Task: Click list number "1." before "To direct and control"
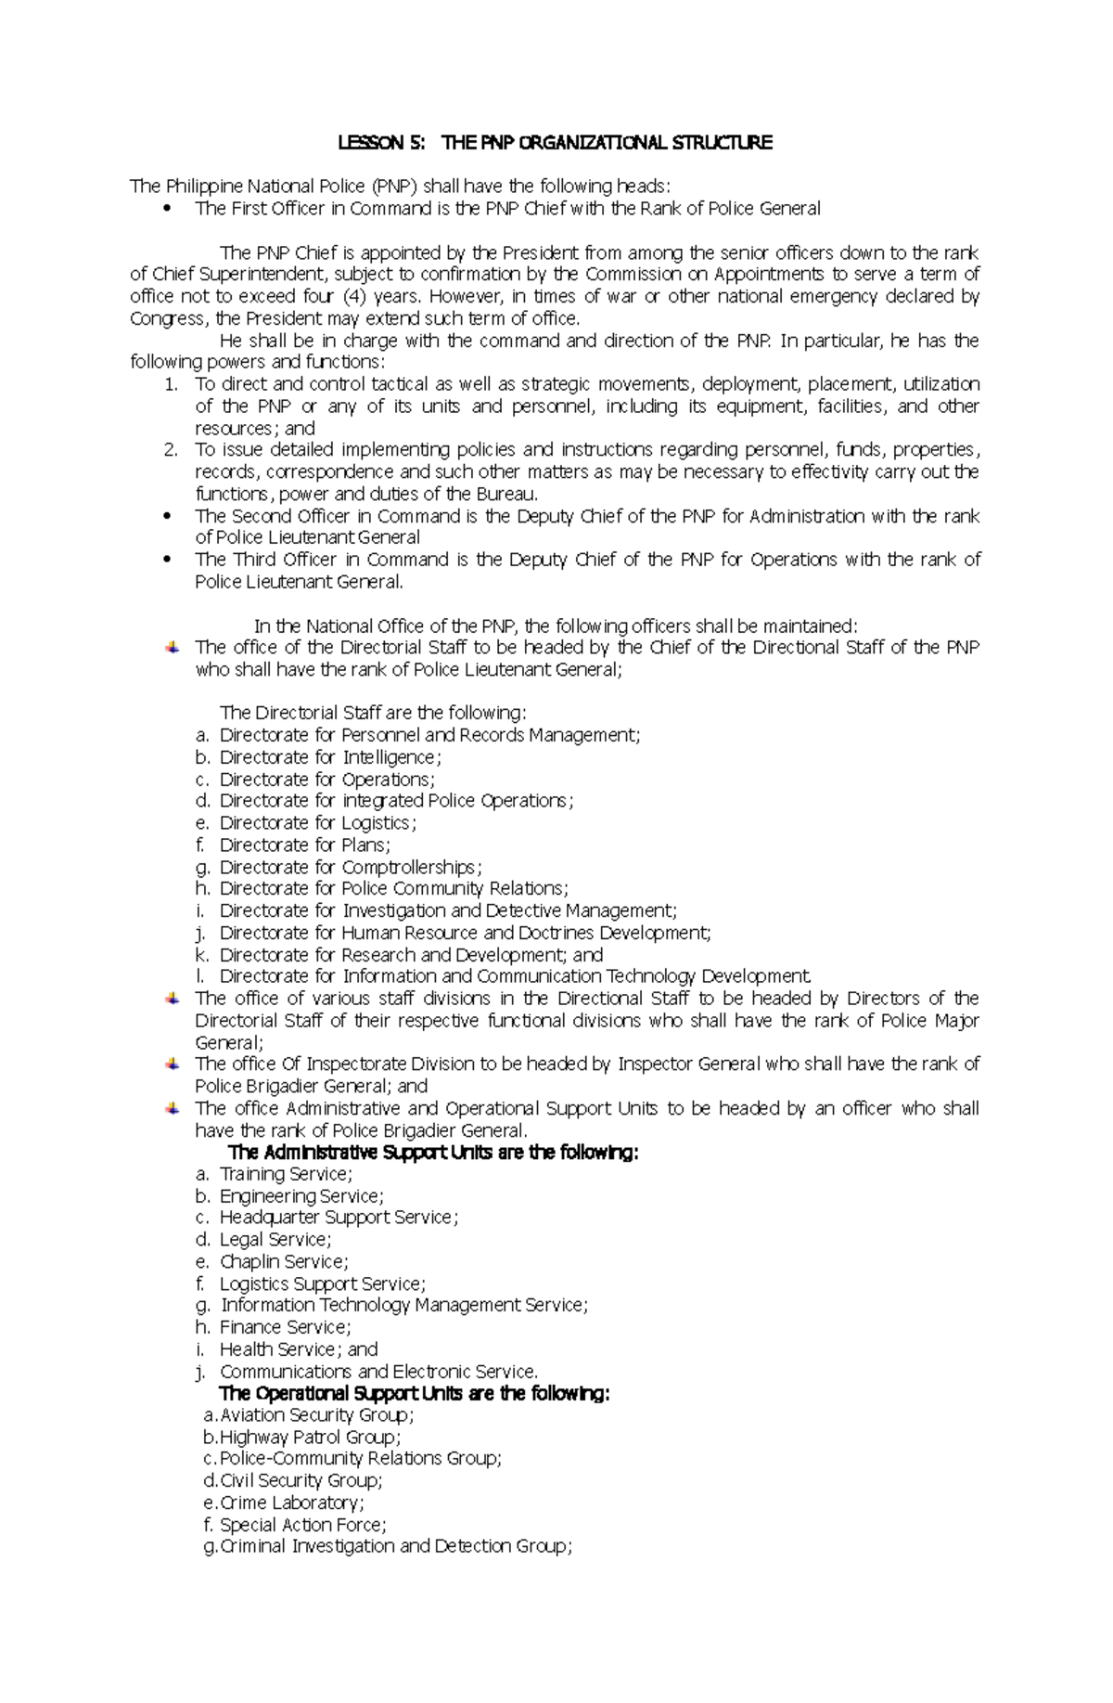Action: pos(170,384)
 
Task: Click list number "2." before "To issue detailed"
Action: pos(170,450)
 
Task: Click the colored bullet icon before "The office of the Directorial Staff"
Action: pos(172,647)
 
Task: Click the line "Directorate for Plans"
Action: pos(304,845)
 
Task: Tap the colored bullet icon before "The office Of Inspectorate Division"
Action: pos(172,1064)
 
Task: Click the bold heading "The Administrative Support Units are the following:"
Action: pos(433,1153)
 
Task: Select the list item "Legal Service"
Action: pos(275,1240)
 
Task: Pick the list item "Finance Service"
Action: pos(285,1327)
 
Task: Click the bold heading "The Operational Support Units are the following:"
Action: pos(414,1394)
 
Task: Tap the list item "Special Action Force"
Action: pos(302,1525)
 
